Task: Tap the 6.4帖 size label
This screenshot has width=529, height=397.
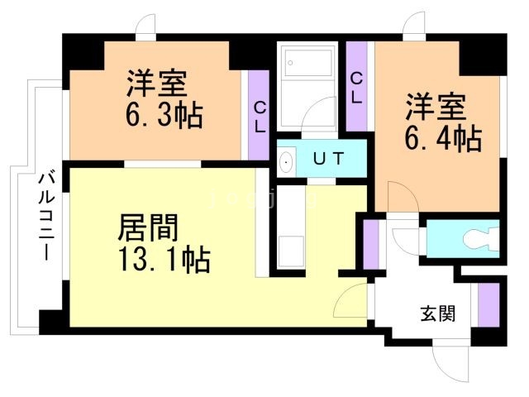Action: [x=442, y=137]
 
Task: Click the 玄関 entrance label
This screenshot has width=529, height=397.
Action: [x=436, y=315]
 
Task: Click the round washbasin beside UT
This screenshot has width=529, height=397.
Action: [x=287, y=161]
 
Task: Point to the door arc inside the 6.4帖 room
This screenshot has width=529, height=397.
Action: [x=395, y=199]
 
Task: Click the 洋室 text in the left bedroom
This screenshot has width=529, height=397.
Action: [x=157, y=83]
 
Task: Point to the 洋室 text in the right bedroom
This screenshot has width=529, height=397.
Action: [x=436, y=106]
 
